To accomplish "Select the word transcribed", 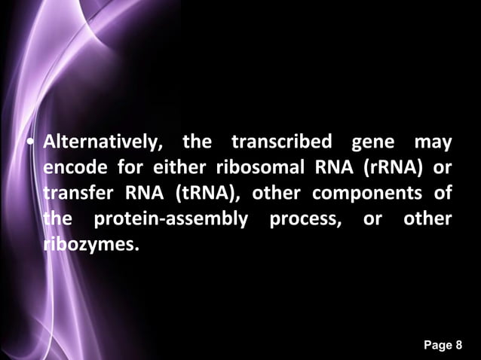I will [281, 142].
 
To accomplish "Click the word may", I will [433, 142].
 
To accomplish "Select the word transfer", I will [76, 193].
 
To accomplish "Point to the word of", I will [443, 193].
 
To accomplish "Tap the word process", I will [300, 218].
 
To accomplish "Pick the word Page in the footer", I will [437, 346].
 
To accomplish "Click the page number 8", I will [459, 346].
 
